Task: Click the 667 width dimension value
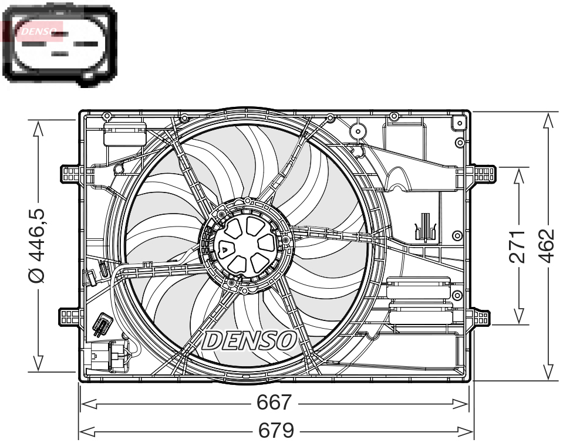pyautogui.click(x=274, y=403)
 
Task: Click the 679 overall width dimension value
pyautogui.click(x=276, y=431)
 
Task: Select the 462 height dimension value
pyautogui.click(x=547, y=245)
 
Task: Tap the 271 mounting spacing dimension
pyautogui.click(x=517, y=246)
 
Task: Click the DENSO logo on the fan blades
pyautogui.click(x=250, y=340)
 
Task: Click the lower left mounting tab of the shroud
pyautogui.click(x=70, y=317)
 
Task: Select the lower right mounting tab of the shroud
pyautogui.click(x=481, y=318)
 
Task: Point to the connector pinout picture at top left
pyautogui.click(x=59, y=44)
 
